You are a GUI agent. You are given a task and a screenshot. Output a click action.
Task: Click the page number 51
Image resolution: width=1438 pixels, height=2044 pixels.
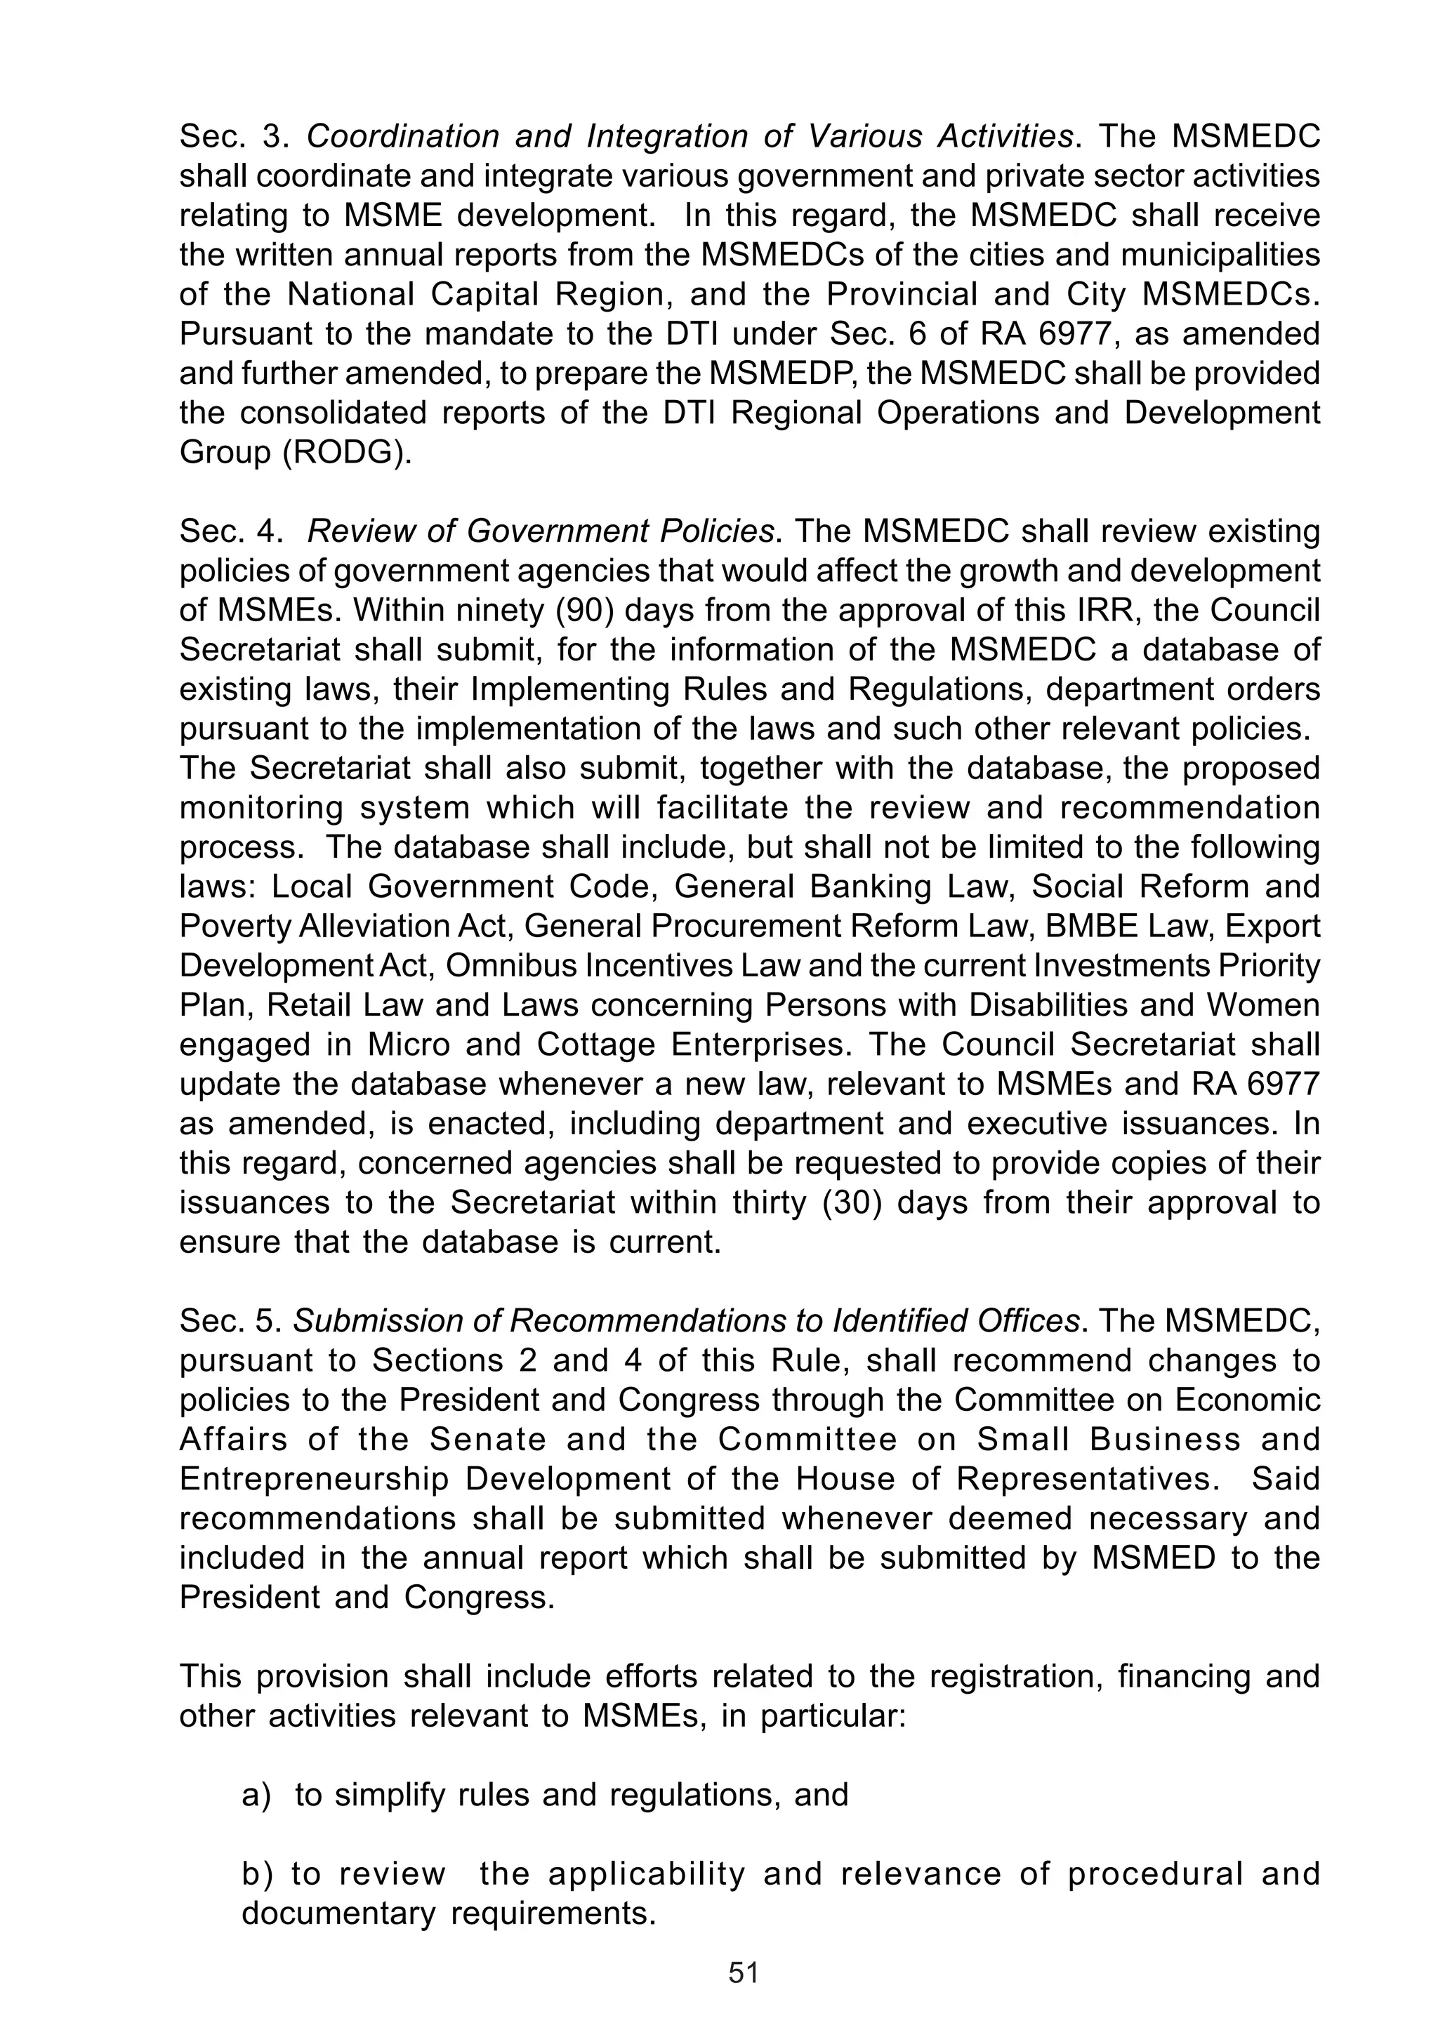point(743,1974)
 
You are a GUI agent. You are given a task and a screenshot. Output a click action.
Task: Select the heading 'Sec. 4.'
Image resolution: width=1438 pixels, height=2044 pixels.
point(230,531)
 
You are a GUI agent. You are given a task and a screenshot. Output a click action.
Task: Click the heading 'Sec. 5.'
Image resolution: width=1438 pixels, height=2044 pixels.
point(230,1321)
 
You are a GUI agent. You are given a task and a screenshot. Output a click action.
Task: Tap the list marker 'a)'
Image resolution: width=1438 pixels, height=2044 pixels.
point(256,1795)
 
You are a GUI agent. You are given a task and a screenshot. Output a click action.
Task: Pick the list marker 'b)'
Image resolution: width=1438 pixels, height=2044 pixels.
point(256,1874)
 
